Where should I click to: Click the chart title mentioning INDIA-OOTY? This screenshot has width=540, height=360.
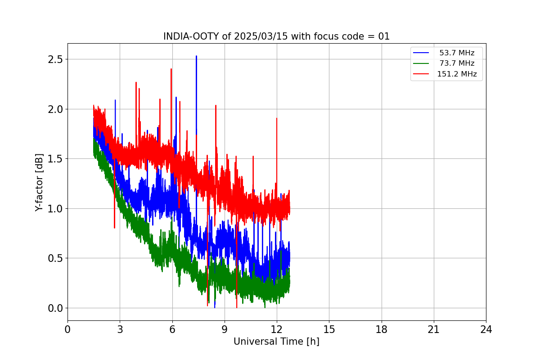[276, 36]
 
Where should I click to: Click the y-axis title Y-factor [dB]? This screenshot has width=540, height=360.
[39, 183]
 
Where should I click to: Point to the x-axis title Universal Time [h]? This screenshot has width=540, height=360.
[276, 342]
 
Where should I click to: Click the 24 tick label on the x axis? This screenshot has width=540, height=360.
[486, 329]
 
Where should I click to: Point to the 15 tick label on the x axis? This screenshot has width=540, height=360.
[329, 329]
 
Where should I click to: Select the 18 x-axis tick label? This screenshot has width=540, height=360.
[382, 329]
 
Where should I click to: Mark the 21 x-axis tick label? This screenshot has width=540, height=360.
[434, 329]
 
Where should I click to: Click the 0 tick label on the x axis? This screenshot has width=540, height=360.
[67, 329]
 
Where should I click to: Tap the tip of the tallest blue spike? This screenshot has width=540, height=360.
[196, 56]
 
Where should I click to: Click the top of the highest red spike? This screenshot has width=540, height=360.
[171, 69]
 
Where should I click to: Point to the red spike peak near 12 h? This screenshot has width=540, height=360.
[277, 118]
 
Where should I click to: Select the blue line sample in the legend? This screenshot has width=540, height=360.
[421, 53]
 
